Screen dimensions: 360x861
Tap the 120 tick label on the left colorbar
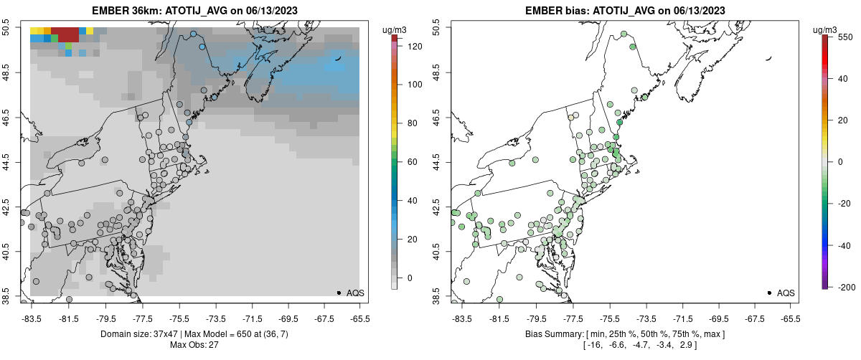(x=414, y=46)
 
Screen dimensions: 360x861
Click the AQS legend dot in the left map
(x=339, y=293)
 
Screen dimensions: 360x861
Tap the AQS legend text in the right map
(x=786, y=293)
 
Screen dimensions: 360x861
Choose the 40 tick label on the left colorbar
(x=414, y=201)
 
